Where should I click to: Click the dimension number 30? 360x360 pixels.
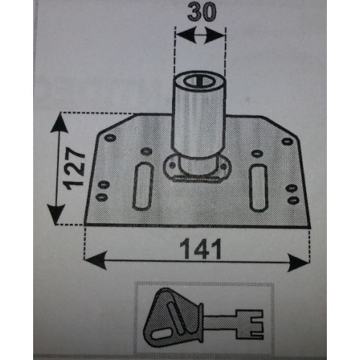point(202,12)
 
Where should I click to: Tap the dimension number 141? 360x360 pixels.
point(200,249)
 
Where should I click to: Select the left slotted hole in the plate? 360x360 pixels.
point(143,186)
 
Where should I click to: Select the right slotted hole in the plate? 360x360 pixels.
point(258,188)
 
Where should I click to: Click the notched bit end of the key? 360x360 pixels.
point(250,324)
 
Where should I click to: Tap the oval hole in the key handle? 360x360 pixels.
point(162,334)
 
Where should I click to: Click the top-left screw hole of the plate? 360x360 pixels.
point(110,138)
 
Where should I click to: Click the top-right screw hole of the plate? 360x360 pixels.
point(287,141)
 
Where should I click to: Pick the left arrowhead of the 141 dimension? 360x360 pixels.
point(96,260)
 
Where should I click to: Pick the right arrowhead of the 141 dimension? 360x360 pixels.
point(298,263)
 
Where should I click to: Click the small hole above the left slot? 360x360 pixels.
point(146,151)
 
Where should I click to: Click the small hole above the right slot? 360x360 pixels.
point(257,153)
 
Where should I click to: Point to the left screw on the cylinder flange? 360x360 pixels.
point(172,165)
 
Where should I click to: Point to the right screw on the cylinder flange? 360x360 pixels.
point(223,166)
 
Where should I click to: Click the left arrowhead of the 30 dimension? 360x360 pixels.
point(185,35)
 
